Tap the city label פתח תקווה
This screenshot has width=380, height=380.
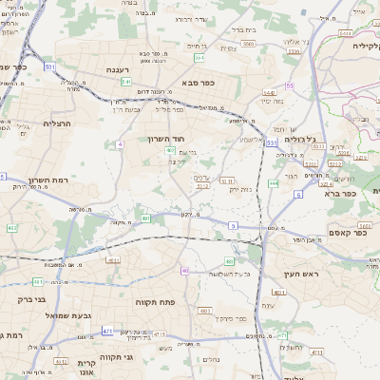(178, 302)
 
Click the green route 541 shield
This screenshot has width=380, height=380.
(126, 82)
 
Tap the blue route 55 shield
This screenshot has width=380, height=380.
(289, 85)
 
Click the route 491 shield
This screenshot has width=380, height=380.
(146, 218)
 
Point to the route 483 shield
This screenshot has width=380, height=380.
(230, 260)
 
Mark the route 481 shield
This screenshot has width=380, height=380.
(38, 281)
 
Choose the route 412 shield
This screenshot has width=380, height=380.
(12, 228)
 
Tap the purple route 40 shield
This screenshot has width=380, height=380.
(184, 271)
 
